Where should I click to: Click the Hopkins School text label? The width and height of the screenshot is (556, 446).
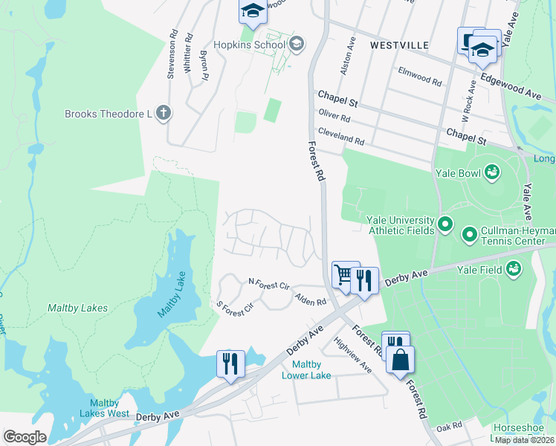pyautogui.click(x=250, y=45)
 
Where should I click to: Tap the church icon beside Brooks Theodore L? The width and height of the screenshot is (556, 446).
pyautogui.click(x=164, y=114)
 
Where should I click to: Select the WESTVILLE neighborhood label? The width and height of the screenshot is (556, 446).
pyautogui.click(x=399, y=45)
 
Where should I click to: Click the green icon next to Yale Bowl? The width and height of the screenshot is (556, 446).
pyautogui.click(x=491, y=172)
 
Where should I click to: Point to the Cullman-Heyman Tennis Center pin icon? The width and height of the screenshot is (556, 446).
pyautogui.click(x=469, y=236)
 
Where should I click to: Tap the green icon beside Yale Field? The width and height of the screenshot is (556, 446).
pyautogui.click(x=513, y=269)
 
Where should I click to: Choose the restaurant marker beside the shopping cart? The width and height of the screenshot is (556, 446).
pyautogui.click(x=364, y=279)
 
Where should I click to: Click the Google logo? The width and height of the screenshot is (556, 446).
pyautogui.click(x=25, y=437)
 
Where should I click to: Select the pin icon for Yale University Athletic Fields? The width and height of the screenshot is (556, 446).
pyautogui.click(x=445, y=224)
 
